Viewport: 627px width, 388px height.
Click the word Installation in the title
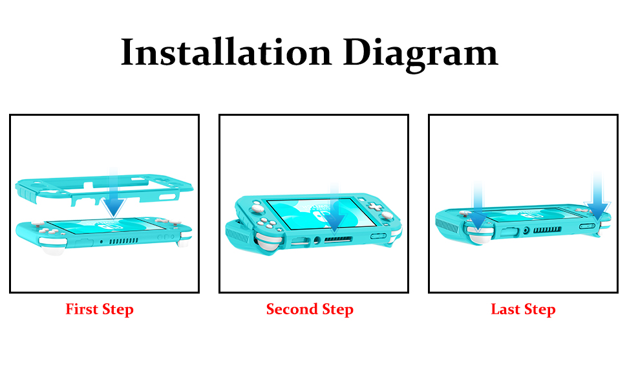click(226, 52)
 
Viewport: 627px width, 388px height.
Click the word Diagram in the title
click(421, 54)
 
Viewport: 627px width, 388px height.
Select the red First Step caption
click(100, 310)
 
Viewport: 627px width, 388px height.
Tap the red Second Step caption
click(310, 310)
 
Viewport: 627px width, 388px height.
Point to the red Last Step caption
click(523, 310)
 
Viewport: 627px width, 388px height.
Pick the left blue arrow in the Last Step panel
click(478, 208)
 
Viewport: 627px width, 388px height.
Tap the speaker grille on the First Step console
click(124, 241)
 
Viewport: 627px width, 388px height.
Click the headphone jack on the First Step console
click(101, 242)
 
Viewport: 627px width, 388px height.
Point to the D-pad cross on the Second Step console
click(375, 207)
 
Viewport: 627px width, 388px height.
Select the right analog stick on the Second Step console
click(387, 215)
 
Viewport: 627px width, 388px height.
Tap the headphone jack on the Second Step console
click(317, 240)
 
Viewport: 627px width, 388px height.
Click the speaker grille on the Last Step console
click(547, 230)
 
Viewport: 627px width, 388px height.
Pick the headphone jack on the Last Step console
click(526, 230)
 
